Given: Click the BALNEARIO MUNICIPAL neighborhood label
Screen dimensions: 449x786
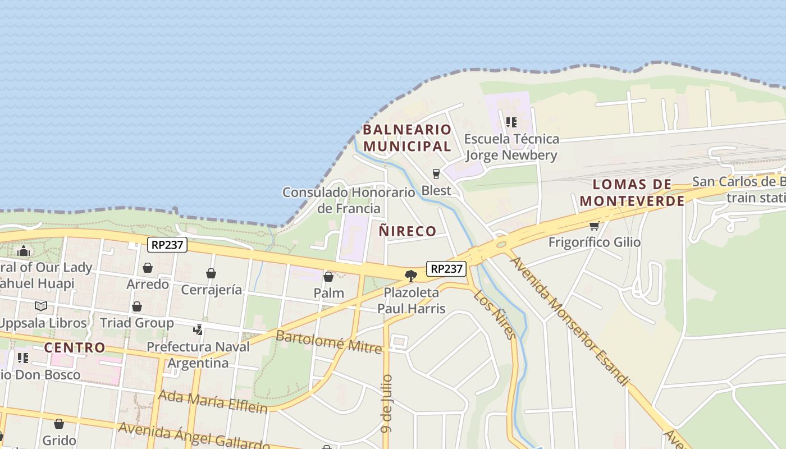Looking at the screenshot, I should (x=407, y=138).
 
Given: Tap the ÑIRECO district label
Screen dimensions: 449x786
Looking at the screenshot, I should (x=408, y=231).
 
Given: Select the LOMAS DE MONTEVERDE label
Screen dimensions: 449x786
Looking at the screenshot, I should (x=632, y=193).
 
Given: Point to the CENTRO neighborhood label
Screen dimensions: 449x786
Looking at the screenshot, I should (x=75, y=347).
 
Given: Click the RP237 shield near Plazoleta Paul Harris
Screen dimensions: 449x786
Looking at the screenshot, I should (x=446, y=269).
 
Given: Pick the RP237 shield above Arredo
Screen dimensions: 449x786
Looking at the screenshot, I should (x=167, y=245).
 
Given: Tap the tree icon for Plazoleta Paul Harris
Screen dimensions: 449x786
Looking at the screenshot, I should (x=411, y=276).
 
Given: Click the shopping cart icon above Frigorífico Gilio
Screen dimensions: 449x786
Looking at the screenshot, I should (x=594, y=226).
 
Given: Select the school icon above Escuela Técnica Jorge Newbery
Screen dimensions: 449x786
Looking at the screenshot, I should (x=511, y=122).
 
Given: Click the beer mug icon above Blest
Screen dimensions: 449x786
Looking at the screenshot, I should (x=436, y=174).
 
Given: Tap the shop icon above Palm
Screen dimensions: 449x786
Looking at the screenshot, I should (x=328, y=277).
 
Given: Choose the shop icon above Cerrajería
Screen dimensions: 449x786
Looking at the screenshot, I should (x=211, y=273).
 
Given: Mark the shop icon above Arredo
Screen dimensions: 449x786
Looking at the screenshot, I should (x=148, y=268).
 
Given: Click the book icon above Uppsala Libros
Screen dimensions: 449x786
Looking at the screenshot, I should (x=41, y=306).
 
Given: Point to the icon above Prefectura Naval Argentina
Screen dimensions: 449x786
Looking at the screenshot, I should (x=198, y=329).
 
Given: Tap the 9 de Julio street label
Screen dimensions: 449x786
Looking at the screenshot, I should (x=386, y=404).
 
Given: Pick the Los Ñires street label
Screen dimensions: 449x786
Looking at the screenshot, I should (x=495, y=315).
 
